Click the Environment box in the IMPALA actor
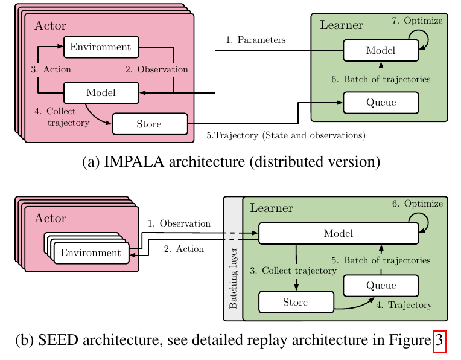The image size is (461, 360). (101, 47)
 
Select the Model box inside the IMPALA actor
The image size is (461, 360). (101, 92)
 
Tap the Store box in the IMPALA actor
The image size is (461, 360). (150, 124)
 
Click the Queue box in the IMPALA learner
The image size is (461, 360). (381, 102)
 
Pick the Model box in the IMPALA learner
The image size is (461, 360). (381, 50)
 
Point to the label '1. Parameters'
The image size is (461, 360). (255, 40)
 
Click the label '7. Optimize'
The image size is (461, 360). (417, 21)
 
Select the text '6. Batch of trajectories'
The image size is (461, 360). (381, 79)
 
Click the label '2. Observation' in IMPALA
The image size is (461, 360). (156, 69)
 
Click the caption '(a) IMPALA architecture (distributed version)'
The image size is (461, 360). (231, 161)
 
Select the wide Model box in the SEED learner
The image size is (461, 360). (338, 233)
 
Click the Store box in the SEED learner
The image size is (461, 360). (296, 302)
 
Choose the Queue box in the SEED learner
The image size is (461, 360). (381, 285)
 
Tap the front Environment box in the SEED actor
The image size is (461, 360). (91, 252)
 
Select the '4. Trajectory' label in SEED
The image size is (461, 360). (404, 305)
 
